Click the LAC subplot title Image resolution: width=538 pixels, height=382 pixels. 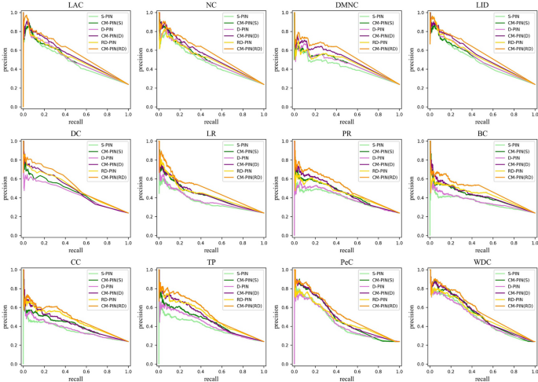[x=76, y=6]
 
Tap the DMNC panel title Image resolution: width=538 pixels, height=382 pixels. [x=346, y=6]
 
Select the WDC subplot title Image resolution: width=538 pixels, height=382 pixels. [x=481, y=263]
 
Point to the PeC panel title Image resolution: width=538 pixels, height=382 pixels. [x=346, y=263]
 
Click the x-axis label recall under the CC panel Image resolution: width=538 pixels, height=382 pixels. [x=76, y=377]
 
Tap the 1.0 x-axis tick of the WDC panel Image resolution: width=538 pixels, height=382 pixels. [x=534, y=371]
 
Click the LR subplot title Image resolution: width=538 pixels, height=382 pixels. [x=211, y=134]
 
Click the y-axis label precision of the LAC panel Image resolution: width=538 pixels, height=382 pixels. [x=5, y=60]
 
